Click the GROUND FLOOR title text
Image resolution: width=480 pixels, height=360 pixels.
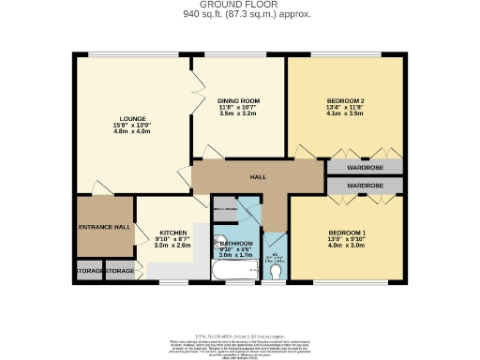coord(239,6)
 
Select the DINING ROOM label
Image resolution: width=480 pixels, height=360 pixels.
coord(238,100)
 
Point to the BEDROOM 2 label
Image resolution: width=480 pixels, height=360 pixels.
coord(345,100)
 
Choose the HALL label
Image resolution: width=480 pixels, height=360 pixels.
coord(258,175)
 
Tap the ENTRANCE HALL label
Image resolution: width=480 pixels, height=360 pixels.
coord(103,227)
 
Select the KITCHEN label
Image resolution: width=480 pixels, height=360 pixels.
coord(172,232)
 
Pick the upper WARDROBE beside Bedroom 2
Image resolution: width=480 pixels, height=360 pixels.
coord(365,169)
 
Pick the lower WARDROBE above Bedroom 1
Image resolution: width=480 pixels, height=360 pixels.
coord(365,187)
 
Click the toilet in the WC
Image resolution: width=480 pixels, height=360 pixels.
coord(275,271)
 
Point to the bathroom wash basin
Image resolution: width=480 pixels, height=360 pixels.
coord(222,239)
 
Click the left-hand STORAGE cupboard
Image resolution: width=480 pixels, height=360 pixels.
coord(88,271)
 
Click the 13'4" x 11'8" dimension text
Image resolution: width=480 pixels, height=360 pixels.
coord(345,108)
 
